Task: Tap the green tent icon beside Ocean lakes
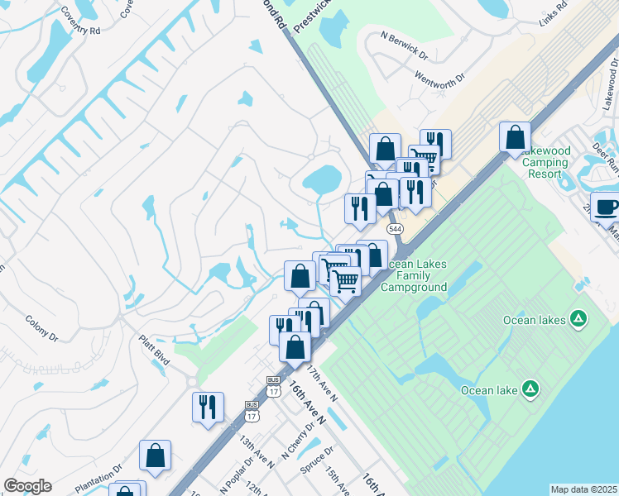coord(578,318)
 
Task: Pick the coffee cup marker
coord(606,207)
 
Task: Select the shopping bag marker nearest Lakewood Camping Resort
coord(515,136)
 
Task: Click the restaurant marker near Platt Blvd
coord(207,406)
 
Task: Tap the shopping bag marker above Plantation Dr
coord(155,454)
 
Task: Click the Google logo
coord(27,486)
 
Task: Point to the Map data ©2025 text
coord(583,489)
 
